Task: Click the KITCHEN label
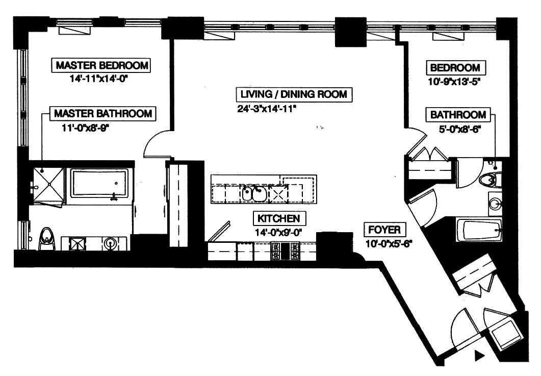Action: (279, 219)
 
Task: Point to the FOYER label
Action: (385, 229)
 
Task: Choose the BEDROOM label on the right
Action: (455, 68)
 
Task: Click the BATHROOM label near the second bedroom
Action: (458, 115)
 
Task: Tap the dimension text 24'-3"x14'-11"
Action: (267, 108)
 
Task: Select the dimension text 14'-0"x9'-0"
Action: (279, 232)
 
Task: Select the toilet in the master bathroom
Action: (47, 238)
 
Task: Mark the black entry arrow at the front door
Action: (479, 356)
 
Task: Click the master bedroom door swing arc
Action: (156, 144)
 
